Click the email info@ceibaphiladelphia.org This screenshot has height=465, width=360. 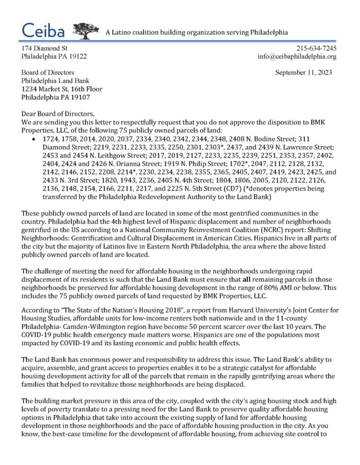coord(297,57)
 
